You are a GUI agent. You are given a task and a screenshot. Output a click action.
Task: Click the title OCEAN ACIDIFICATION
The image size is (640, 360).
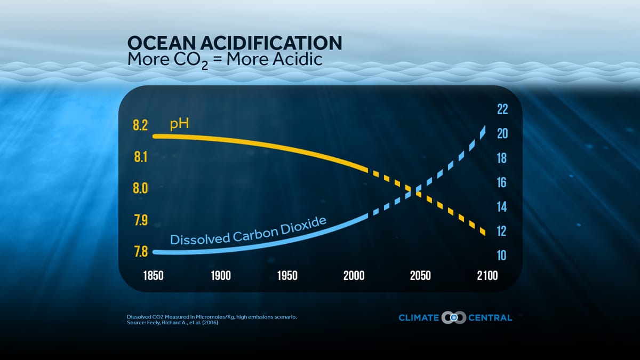[235, 43]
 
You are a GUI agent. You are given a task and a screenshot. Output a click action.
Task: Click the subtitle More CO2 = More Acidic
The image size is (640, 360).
[225, 59]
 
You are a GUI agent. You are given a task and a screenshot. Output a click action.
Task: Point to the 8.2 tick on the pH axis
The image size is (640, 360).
[140, 126]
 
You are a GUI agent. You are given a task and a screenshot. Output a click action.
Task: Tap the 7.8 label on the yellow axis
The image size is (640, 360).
[140, 251]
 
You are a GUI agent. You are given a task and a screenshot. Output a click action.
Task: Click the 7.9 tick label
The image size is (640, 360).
[140, 220]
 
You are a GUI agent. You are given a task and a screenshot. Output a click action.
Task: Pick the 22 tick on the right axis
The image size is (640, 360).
[502, 109]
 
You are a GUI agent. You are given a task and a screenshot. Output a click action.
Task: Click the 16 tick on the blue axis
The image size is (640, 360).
[502, 183]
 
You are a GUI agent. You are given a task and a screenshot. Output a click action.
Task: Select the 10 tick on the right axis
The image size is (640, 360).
[502, 256]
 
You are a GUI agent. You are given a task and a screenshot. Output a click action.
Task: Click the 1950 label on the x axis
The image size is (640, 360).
[287, 276]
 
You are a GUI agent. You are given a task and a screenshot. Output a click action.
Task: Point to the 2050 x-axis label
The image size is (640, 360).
[420, 276]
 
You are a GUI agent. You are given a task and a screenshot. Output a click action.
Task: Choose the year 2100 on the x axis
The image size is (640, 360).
[487, 276]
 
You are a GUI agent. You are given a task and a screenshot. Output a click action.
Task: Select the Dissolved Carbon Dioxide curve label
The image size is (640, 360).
[247, 231]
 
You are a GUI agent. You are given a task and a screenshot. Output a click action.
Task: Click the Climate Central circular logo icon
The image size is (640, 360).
[454, 318]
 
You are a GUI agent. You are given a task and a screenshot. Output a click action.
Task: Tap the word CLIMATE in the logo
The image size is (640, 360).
[419, 318]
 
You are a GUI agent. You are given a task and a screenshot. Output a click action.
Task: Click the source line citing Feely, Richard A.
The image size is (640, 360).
[172, 323]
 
